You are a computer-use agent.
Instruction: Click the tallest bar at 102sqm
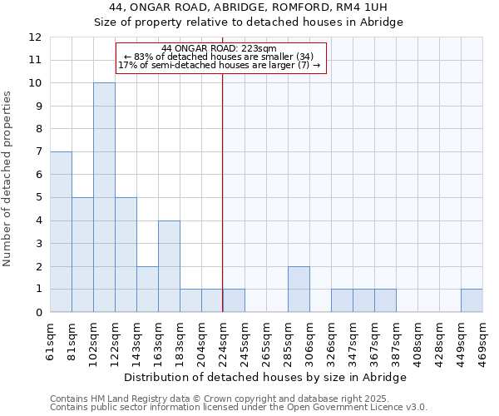pos(104,197)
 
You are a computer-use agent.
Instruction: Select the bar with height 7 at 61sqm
pos(61,232)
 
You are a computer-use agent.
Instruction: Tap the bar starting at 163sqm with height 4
pos(169,266)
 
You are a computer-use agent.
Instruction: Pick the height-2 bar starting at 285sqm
pos(299,290)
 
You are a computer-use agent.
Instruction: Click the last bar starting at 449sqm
pos(472,301)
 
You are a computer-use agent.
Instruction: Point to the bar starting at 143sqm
pos(147,290)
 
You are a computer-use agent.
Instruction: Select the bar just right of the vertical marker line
pos(234,301)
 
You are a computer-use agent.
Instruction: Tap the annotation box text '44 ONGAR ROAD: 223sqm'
pos(220,49)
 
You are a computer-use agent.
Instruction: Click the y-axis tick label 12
pos(35,37)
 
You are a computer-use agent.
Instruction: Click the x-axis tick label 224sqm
pos(223,341)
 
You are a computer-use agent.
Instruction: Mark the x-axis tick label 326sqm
pos(331,341)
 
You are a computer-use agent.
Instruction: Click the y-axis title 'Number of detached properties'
pos(7,180)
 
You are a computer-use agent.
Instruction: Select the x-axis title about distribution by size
pos(266,377)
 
